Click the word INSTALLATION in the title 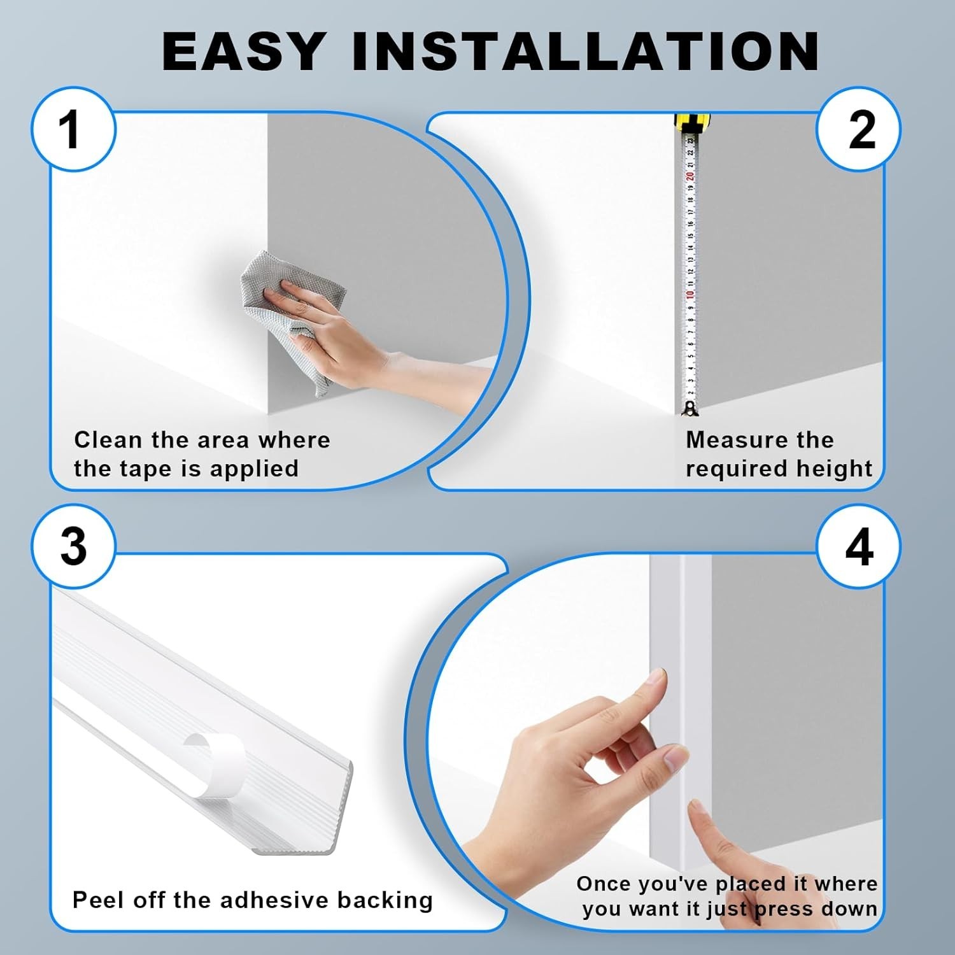coord(586,51)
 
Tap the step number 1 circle coord(73,129)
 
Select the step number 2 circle coord(859,129)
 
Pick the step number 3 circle coord(73,546)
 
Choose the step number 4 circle coord(859,546)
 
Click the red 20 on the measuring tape coord(689,176)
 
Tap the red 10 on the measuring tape coord(688,295)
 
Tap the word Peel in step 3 coord(97,900)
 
